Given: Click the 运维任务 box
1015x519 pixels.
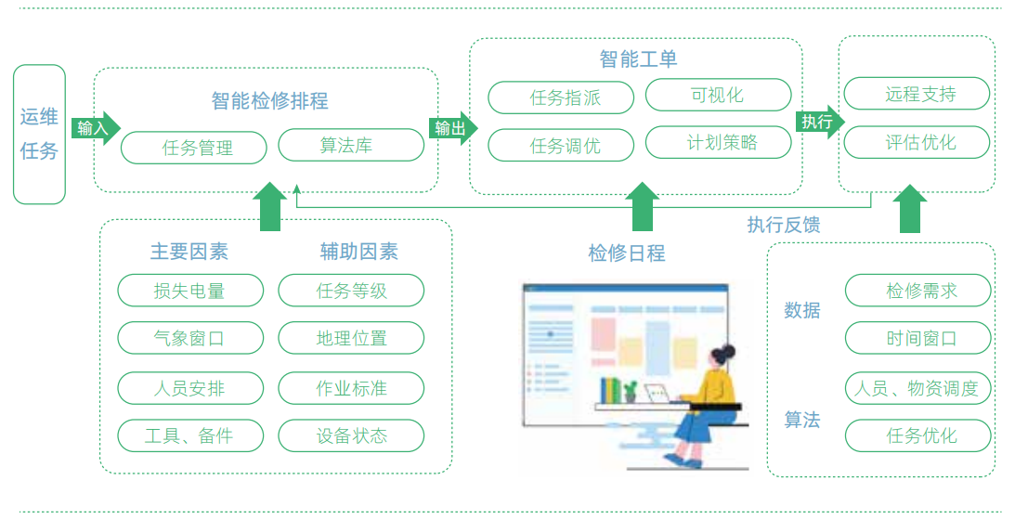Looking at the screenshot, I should (x=40, y=134).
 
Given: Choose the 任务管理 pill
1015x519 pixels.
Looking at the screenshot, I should (x=194, y=147).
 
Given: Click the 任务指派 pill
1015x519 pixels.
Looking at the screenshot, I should (x=561, y=97).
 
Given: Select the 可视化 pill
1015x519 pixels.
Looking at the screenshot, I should (x=718, y=95).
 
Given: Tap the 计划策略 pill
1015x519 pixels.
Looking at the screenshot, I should (x=718, y=143).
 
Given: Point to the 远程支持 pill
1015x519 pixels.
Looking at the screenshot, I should (x=917, y=94).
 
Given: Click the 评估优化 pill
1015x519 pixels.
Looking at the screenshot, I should (x=917, y=143).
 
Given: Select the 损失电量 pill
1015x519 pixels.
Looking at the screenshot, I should (x=190, y=291).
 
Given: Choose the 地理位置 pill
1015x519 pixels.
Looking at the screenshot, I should (x=351, y=339).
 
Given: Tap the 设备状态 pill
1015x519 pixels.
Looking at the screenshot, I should (x=351, y=435).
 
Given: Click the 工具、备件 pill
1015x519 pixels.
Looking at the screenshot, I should (x=190, y=435).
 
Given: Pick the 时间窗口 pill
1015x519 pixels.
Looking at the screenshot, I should (x=918, y=339).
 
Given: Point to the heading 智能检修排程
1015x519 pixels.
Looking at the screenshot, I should (x=269, y=100).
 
